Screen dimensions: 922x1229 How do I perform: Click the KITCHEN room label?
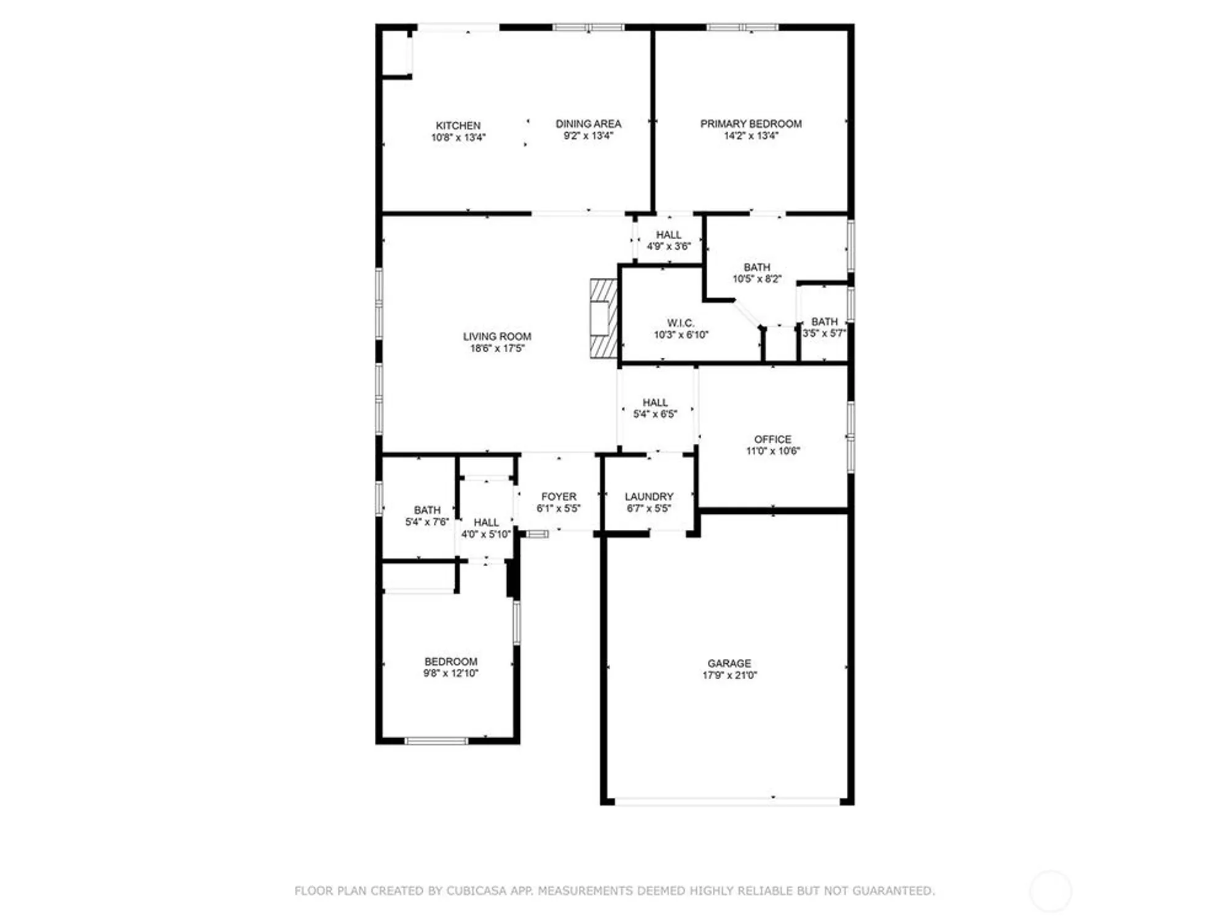[x=458, y=125]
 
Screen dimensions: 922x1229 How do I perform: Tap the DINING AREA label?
[x=588, y=124]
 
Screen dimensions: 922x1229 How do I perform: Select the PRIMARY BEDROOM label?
[x=750, y=124]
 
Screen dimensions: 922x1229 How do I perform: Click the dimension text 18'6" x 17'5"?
[x=497, y=349]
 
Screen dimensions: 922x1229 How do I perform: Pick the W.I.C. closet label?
[x=680, y=323]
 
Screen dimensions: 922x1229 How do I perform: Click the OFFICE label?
[x=772, y=439]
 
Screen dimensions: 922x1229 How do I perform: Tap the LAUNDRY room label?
[x=649, y=496]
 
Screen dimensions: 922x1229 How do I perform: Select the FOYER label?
[x=559, y=496]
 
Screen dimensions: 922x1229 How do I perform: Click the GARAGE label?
[x=729, y=663]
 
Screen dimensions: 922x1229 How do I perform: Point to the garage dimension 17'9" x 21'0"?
[x=729, y=675]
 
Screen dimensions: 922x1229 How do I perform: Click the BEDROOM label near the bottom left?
[x=450, y=661]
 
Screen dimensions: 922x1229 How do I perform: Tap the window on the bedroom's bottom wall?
[x=436, y=741]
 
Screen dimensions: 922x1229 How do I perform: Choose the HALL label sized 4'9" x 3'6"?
[x=668, y=235]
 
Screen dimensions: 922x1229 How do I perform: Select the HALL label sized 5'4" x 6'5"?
[x=655, y=402]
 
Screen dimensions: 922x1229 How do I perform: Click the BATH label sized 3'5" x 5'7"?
[x=824, y=321]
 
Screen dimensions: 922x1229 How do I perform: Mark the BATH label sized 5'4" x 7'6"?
[x=427, y=510]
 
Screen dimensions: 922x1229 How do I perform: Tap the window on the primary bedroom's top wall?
[x=742, y=27]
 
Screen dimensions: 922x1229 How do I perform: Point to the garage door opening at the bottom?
[x=727, y=802]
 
